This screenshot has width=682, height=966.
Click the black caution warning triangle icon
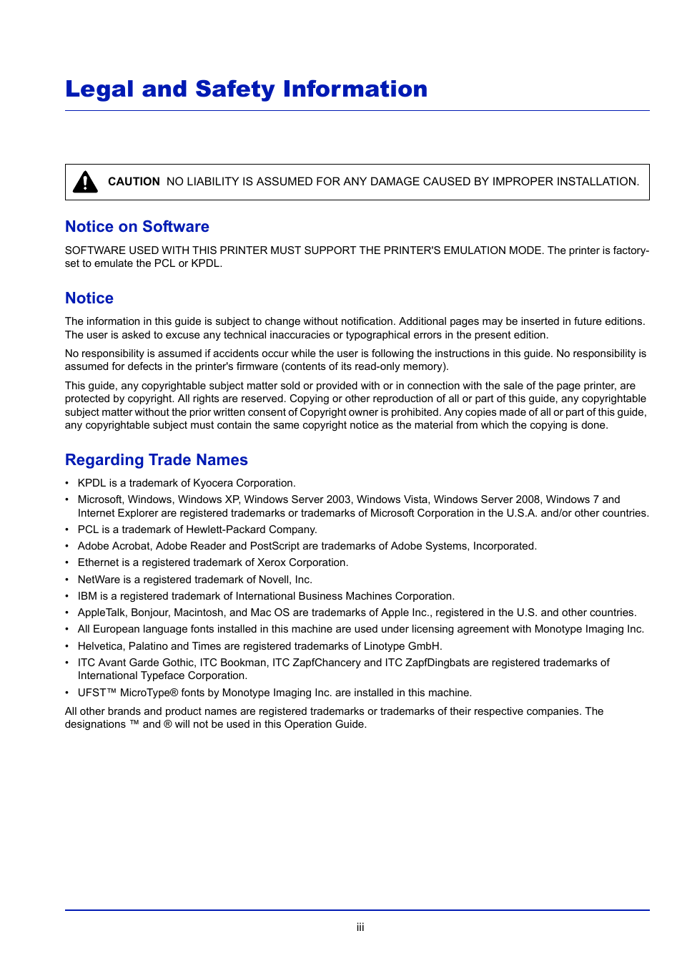coord(85,182)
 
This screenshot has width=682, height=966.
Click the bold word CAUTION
coord(134,182)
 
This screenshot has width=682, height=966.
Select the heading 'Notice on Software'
coord(137,227)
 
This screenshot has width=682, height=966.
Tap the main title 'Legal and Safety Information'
coord(246,89)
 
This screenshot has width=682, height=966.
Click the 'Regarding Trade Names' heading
coord(157,460)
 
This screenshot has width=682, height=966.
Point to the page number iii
coord(360,927)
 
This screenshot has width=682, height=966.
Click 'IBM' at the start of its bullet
coord(87,596)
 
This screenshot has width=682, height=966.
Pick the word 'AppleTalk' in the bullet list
coord(102,613)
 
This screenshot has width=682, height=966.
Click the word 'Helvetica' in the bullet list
coord(100,646)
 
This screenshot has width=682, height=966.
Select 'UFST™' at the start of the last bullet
coord(97,693)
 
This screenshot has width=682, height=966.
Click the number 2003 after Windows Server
coord(338,499)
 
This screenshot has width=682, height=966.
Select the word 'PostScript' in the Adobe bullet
coord(275,546)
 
